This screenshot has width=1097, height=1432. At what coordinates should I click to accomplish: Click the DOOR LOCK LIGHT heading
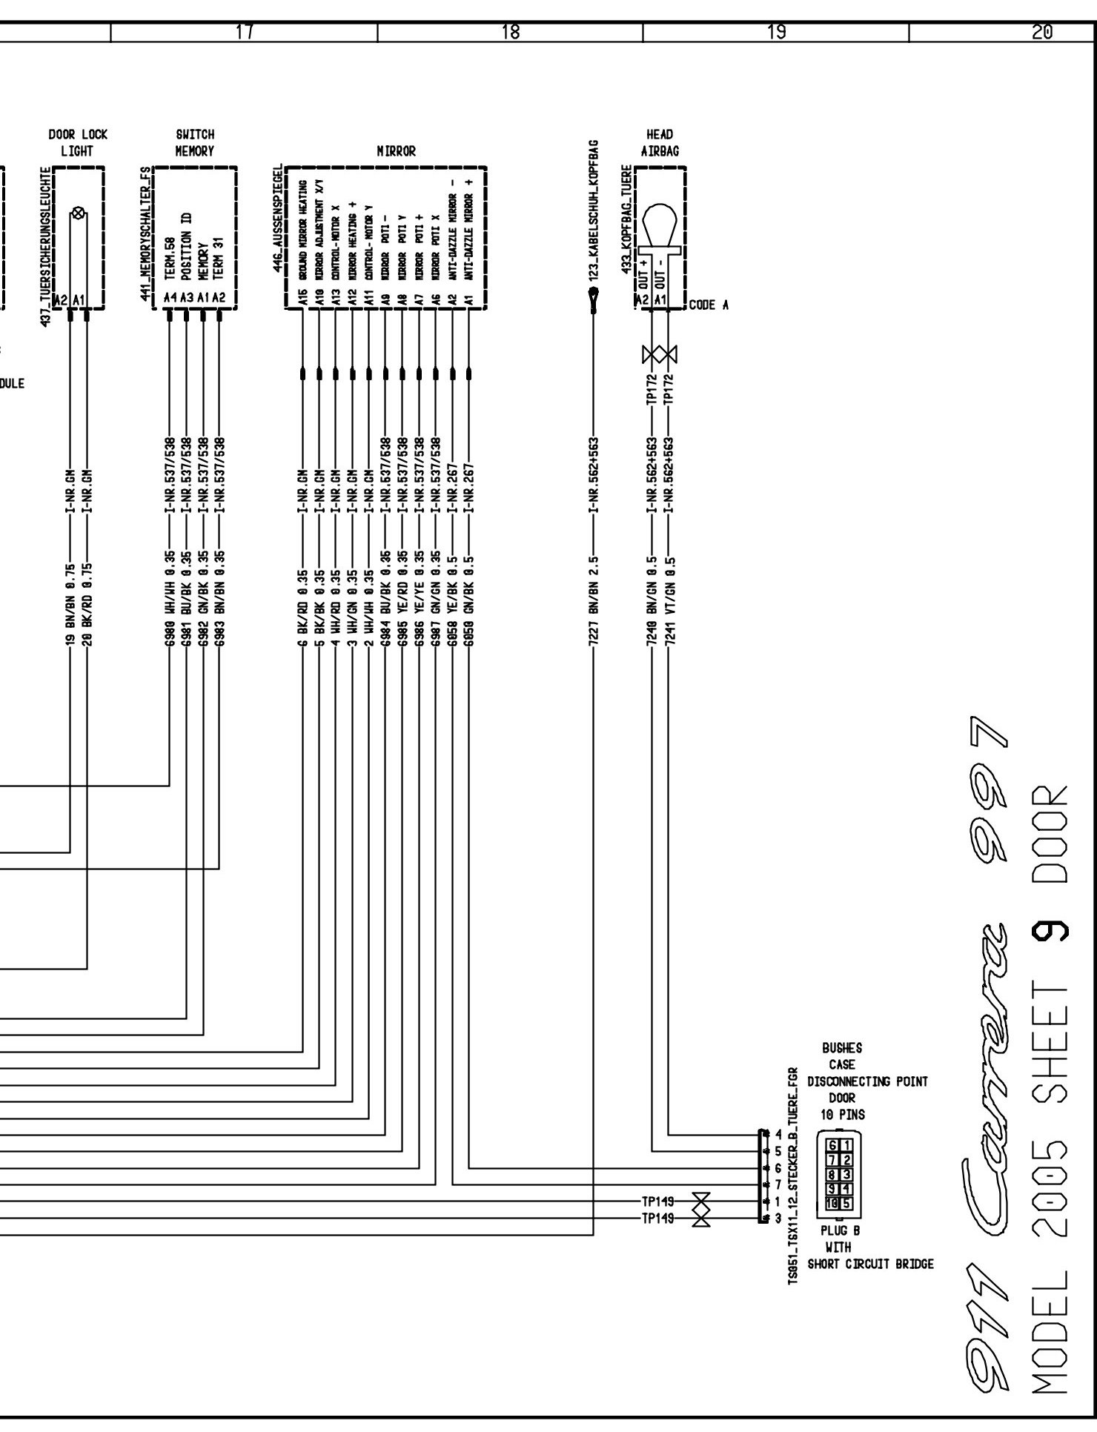(x=77, y=142)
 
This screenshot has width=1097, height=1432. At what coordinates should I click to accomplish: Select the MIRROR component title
(x=396, y=151)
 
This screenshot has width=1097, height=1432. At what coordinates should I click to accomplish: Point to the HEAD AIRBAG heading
(x=660, y=142)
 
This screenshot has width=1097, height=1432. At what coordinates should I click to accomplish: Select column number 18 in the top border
(x=510, y=32)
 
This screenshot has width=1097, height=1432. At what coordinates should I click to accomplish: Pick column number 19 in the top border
(x=776, y=32)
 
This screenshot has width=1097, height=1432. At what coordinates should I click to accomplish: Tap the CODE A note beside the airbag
(x=709, y=305)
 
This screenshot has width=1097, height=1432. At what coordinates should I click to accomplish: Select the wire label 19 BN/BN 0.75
(x=70, y=604)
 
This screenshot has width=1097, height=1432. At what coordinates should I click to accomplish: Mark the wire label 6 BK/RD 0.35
(x=303, y=604)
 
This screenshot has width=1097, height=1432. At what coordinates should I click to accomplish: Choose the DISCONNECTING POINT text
(x=867, y=1081)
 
